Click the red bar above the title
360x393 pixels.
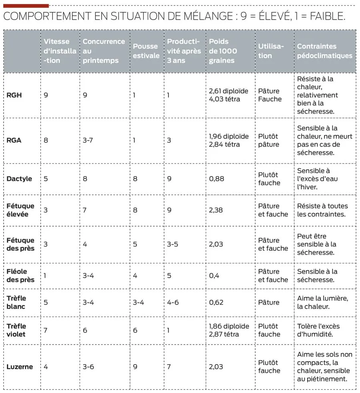pyautogui.click(x=26, y=6)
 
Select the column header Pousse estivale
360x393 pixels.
pyautogui.click(x=146, y=51)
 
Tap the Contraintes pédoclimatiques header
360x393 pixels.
pyautogui.click(x=324, y=51)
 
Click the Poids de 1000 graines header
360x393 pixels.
pyautogui.click(x=223, y=51)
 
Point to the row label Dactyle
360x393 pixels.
pyautogui.click(x=19, y=178)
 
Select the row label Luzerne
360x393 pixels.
pyautogui.click(x=20, y=367)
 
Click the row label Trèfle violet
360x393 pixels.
pyautogui.click(x=16, y=330)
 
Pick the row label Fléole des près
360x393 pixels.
pyautogui.click(x=20, y=276)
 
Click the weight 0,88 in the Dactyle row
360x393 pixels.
pyautogui.click(x=216, y=178)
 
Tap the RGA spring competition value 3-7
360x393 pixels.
pyautogui.click(x=88, y=140)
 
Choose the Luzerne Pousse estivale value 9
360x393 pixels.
pyautogui.click(x=135, y=367)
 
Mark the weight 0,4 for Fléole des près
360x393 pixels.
pyautogui.click(x=214, y=276)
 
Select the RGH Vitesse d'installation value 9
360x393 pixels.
pyautogui.click(x=46, y=95)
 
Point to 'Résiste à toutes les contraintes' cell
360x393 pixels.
pyautogui.click(x=322, y=210)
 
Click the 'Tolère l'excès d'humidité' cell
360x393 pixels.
pyautogui.click(x=318, y=330)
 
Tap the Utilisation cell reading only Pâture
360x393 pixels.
pyautogui.click(x=268, y=302)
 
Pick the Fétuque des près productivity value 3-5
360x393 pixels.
pyautogui.click(x=172, y=244)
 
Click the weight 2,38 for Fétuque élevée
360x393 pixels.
pyautogui.click(x=216, y=210)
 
